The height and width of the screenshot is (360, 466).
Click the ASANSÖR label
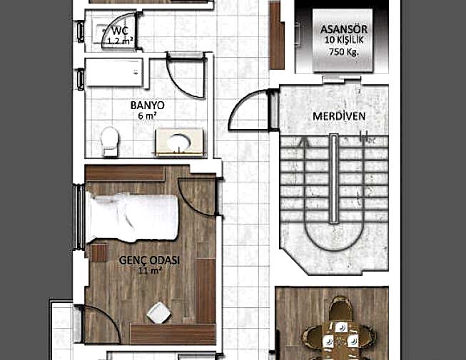coord(344,29)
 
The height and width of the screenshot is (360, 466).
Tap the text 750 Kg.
coord(344,52)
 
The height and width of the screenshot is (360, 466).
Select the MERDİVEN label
coord(339,116)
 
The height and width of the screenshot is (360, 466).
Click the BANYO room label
coord(148,105)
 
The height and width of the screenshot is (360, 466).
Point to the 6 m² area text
coord(148,115)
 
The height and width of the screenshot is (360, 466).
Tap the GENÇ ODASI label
coord(149,260)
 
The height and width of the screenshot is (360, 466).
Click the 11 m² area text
coord(151,271)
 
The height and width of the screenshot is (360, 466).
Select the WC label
coord(121,31)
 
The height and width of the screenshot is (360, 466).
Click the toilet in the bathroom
coord(110,141)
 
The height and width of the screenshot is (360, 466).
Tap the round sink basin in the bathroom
coord(178,142)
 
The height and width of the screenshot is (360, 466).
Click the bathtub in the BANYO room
coord(114,73)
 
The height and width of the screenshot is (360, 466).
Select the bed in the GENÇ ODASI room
coord(133,217)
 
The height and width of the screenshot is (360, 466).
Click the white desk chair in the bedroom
coord(158,313)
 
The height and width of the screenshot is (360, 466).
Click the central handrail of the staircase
coord(334,178)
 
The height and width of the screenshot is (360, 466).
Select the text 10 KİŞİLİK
coord(344,41)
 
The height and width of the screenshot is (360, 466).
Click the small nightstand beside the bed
coord(99,253)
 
